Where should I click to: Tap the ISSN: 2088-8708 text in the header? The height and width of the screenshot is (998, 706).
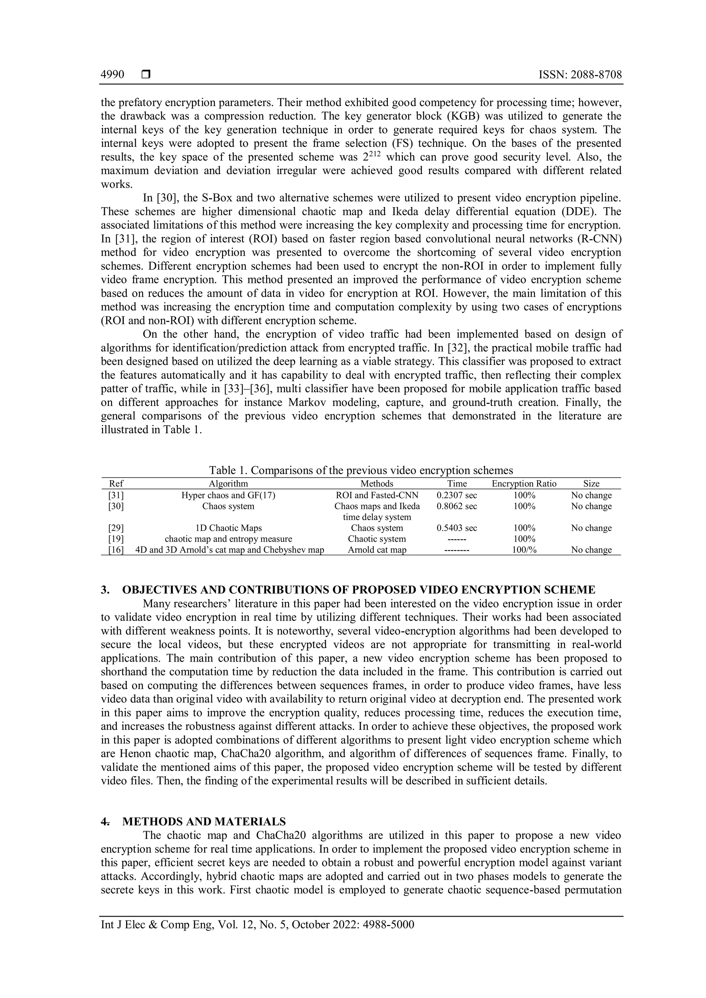point(580,75)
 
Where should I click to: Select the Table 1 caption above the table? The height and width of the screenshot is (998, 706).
point(361,470)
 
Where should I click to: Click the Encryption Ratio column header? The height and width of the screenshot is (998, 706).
point(524,484)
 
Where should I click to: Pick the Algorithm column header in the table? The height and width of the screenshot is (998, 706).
point(228,484)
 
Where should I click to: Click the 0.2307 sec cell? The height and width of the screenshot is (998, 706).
point(456,496)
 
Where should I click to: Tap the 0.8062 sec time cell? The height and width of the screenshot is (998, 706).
point(456,506)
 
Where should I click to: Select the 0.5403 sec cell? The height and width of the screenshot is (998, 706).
point(456,528)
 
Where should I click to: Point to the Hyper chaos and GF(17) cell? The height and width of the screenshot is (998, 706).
point(228,496)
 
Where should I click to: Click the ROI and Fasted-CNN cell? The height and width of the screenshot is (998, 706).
point(377,496)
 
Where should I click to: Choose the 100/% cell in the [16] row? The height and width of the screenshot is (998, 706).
point(524,550)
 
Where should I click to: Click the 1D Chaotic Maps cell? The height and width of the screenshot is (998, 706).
point(228,528)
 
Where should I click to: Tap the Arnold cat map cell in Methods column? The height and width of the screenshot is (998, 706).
point(377,550)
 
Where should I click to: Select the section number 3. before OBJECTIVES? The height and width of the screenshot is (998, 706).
point(105,590)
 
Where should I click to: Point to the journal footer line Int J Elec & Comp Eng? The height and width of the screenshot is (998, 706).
point(258,925)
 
